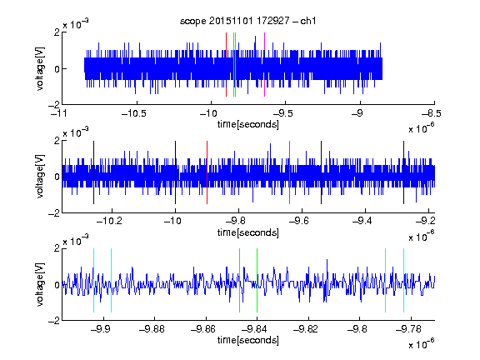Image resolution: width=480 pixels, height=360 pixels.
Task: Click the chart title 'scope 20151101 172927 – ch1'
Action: (x=247, y=21)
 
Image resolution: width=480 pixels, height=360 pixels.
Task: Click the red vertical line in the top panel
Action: (x=226, y=65)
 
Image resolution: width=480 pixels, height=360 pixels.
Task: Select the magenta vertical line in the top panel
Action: (x=264, y=65)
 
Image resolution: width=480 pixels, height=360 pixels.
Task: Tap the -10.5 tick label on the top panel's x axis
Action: (x=134, y=113)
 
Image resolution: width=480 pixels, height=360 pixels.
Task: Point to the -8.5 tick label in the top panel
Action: (x=432, y=113)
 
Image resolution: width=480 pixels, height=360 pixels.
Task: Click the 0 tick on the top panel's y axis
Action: (x=57, y=69)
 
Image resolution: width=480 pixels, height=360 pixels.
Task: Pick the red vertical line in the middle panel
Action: (x=207, y=172)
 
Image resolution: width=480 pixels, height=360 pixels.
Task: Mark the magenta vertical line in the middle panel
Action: (x=290, y=172)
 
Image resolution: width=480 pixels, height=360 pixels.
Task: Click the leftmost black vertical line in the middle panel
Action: (x=93, y=172)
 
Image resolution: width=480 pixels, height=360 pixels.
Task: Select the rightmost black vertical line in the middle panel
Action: (x=404, y=172)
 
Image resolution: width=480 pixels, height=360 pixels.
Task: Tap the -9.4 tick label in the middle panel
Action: (x=362, y=221)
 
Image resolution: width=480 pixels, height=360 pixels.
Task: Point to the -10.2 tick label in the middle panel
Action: (x=109, y=221)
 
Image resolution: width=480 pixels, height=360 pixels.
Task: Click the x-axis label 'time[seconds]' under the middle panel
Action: (x=248, y=232)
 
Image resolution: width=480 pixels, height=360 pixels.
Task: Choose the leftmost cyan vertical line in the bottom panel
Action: (x=93, y=280)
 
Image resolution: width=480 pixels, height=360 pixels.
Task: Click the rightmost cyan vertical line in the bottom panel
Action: (x=404, y=280)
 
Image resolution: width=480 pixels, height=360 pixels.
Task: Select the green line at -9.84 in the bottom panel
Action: (x=257, y=280)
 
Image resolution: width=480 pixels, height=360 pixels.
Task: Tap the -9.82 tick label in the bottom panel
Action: (x=306, y=329)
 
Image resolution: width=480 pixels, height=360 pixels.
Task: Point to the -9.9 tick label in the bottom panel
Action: (x=101, y=329)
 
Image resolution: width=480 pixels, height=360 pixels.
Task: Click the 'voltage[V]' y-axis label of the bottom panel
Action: (x=40, y=284)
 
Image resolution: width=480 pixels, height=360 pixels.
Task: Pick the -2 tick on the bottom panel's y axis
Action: (x=54, y=321)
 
